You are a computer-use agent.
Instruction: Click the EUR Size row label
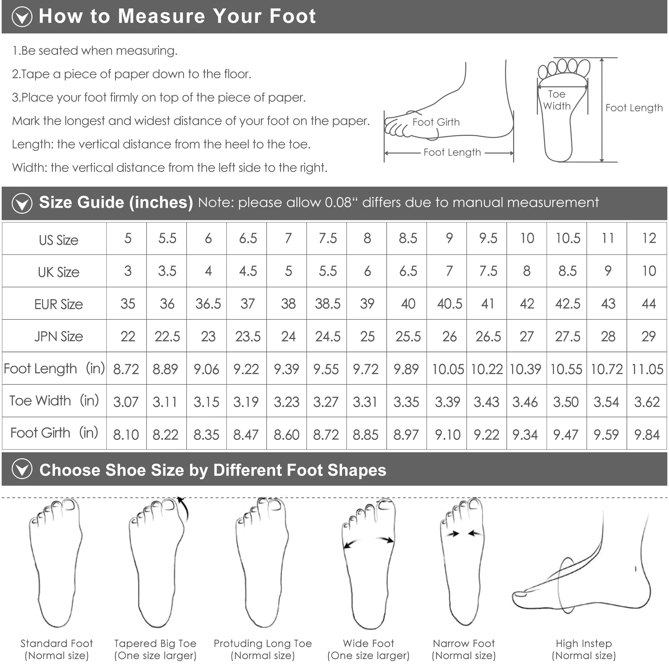59,304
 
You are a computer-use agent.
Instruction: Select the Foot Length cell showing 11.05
647,369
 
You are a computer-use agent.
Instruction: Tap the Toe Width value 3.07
126,402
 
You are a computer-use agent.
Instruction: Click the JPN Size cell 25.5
408,337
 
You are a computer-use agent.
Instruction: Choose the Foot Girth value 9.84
647,435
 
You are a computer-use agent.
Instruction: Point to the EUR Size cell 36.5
208,304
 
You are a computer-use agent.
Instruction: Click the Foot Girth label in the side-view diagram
436,122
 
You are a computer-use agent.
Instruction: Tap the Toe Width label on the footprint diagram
557,100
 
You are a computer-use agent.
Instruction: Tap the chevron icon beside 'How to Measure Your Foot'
22,17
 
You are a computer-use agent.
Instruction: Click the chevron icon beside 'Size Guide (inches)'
22,203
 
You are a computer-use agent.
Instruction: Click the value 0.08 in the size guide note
338,203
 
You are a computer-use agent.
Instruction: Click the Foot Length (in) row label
54,369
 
